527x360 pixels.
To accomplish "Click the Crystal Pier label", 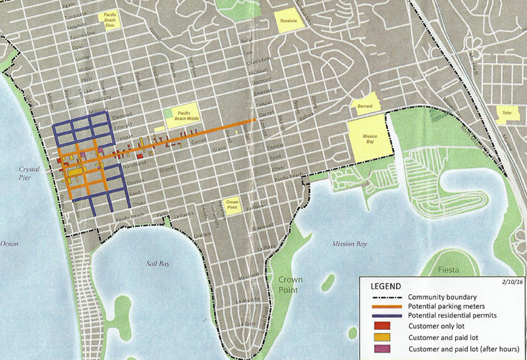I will (x=30, y=172).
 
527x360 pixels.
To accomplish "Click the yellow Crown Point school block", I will (x=232, y=204).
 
